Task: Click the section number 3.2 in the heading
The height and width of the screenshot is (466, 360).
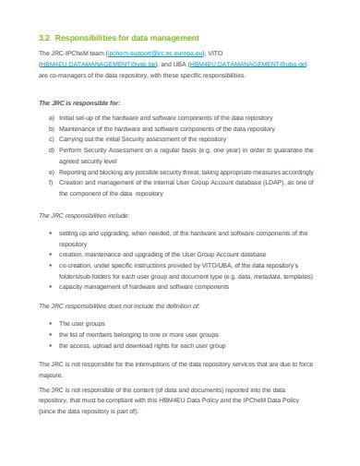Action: pos(43,38)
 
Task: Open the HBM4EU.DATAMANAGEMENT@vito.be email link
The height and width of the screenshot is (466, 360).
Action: pos(93,65)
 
